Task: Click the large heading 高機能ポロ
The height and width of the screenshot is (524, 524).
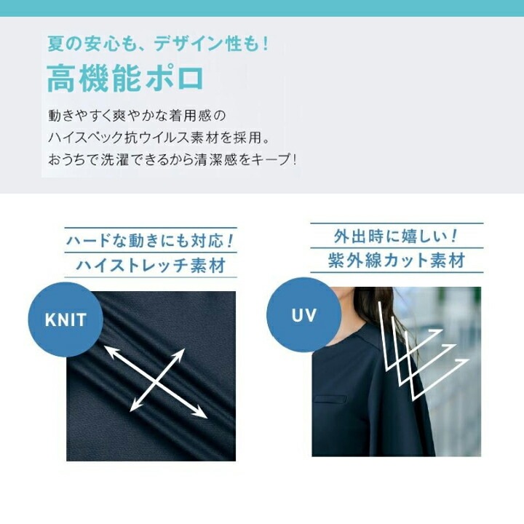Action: (126, 79)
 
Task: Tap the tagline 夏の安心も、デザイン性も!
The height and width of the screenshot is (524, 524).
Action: (159, 44)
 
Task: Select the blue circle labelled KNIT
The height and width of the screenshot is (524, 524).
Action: (65, 319)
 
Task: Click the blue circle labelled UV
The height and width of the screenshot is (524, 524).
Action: (303, 315)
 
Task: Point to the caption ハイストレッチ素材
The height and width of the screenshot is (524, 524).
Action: (151, 266)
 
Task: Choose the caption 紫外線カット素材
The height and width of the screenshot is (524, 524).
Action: (397, 261)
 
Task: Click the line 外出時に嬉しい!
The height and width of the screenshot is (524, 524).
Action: (397, 236)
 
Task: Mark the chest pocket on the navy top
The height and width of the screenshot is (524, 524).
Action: (330, 399)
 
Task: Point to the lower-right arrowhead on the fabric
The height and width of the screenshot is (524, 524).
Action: (201, 413)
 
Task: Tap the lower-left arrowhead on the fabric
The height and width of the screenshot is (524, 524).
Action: (135, 407)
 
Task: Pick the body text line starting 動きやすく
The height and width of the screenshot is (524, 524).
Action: (137, 116)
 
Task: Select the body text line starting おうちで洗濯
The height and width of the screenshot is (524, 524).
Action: (172, 159)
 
